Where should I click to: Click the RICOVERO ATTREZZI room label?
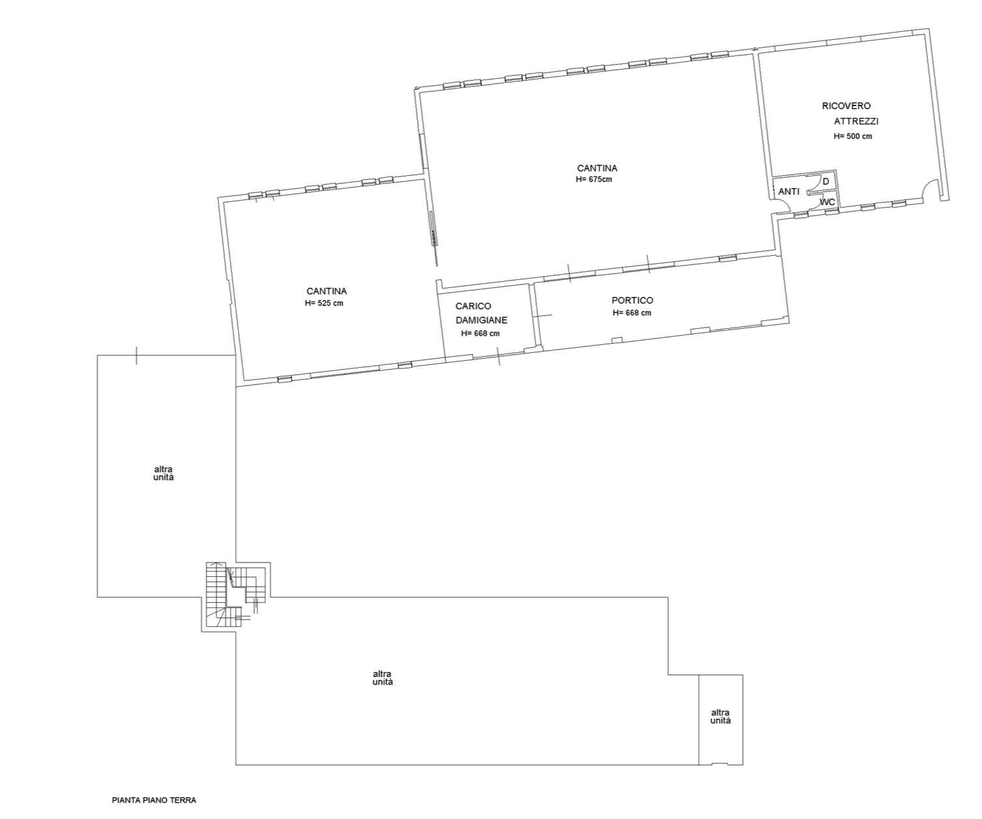click(x=850, y=113)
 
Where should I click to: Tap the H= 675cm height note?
click(x=594, y=180)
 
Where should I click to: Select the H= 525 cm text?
click(x=324, y=303)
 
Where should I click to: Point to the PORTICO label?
click(x=632, y=300)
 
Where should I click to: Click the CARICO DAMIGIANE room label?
click(x=482, y=313)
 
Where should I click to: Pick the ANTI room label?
click(x=789, y=192)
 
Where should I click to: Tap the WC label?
click(x=828, y=202)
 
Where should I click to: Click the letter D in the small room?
click(x=826, y=182)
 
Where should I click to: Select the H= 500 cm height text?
click(x=852, y=136)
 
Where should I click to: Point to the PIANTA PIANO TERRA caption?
click(x=154, y=799)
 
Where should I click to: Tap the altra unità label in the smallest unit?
click(x=720, y=717)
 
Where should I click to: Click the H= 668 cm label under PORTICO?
click(x=632, y=313)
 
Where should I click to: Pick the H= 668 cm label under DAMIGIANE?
click(x=480, y=334)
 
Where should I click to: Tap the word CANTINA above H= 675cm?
click(x=597, y=169)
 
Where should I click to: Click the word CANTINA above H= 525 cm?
click(x=326, y=292)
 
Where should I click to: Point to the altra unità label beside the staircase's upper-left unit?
click(x=163, y=473)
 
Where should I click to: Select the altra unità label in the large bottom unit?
click(x=383, y=678)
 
